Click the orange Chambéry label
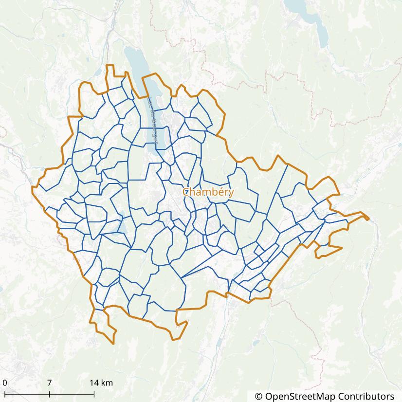click(x=208, y=192)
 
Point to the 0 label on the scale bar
click(x=4, y=383)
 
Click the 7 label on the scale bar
click(x=50, y=383)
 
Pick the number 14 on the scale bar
click(x=92, y=383)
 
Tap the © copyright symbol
click(x=258, y=396)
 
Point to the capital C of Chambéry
click(x=186, y=192)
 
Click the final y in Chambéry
click(x=231, y=193)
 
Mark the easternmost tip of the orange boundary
click(x=369, y=219)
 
